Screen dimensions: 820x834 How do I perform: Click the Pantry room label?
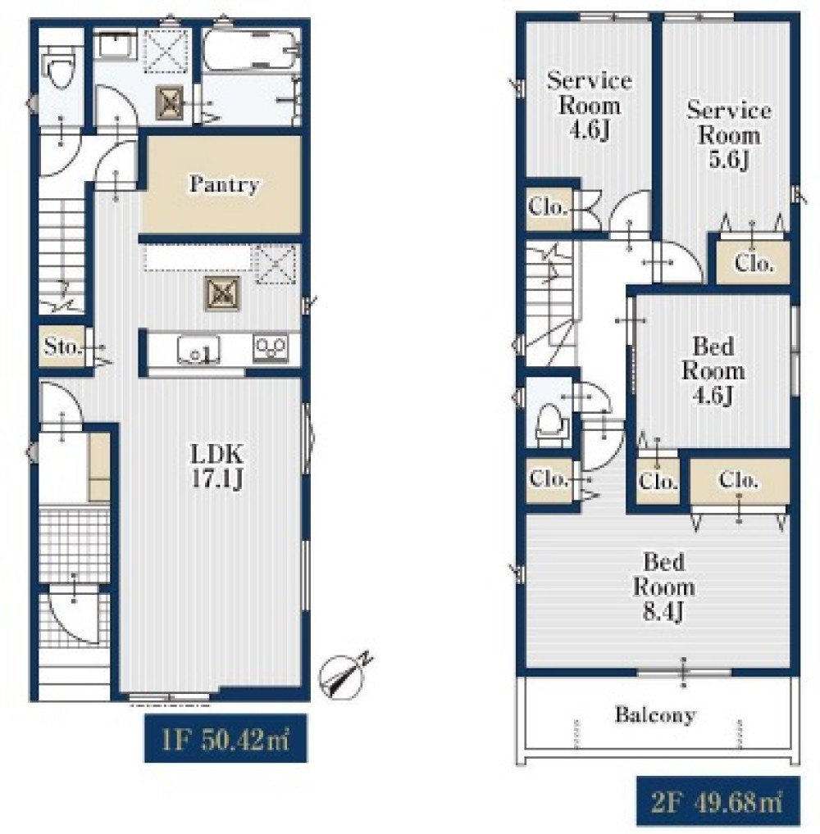[x=224, y=184]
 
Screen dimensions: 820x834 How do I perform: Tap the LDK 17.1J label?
[x=217, y=466]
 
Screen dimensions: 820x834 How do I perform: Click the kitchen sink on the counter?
[x=198, y=350]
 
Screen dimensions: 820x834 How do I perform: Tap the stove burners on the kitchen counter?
[x=271, y=349]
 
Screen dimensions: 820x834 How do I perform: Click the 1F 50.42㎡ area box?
[x=225, y=738]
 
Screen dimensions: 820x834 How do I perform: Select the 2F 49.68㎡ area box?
[x=717, y=801]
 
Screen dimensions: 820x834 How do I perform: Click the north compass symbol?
[x=344, y=676]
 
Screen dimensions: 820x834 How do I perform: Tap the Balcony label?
[x=655, y=714]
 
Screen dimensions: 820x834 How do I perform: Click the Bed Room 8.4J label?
[x=663, y=587]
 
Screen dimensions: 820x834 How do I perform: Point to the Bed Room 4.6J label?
[x=713, y=371]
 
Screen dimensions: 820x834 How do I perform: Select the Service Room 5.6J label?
[x=728, y=134]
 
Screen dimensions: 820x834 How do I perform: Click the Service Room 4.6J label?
[x=590, y=105]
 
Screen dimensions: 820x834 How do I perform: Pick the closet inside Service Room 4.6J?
[x=549, y=207]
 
